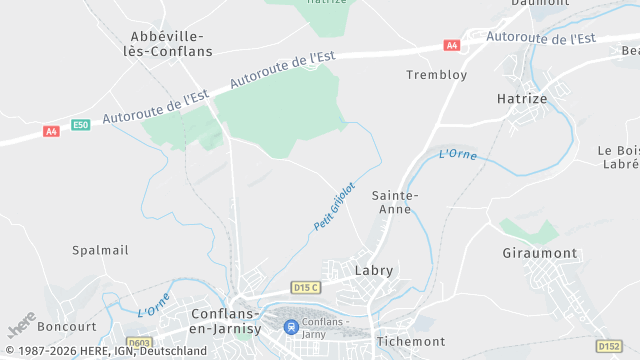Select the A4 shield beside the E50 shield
(x=51, y=131)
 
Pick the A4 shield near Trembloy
(x=452, y=45)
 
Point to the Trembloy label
(x=436, y=75)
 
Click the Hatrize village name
(x=521, y=99)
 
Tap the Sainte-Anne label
(x=394, y=202)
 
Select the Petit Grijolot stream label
(x=334, y=206)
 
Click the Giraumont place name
(x=539, y=254)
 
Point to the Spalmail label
(x=100, y=250)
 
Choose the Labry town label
(x=374, y=270)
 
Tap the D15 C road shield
(x=305, y=288)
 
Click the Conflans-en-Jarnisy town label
(x=227, y=320)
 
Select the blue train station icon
(x=290, y=327)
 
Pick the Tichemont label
(x=410, y=342)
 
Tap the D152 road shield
(x=609, y=346)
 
